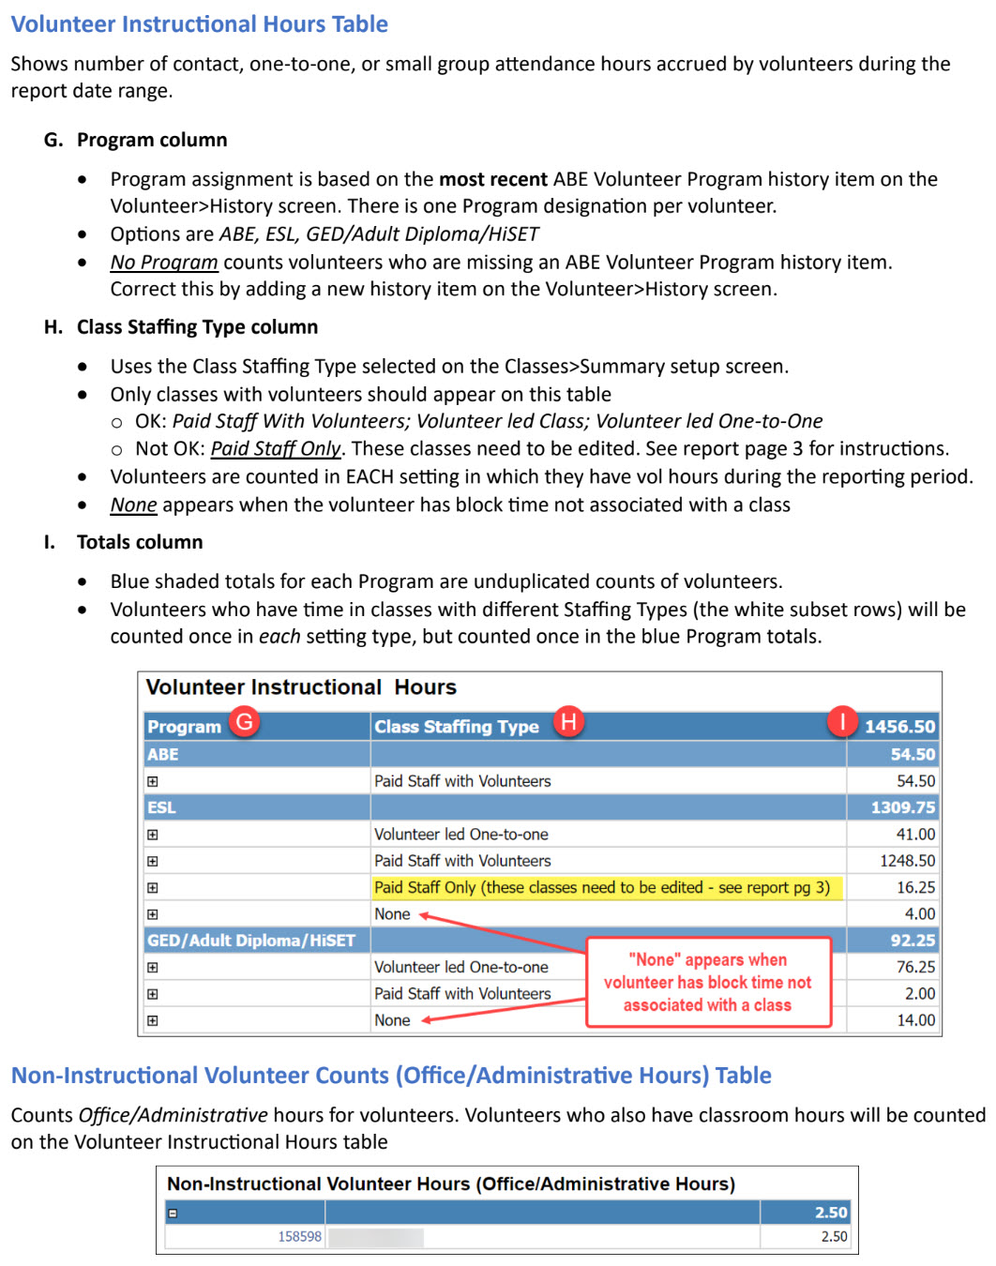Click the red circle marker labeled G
(245, 721)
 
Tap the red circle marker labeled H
(568, 721)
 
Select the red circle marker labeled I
(842, 721)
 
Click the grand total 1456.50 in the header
(898, 727)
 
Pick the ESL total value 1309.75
(902, 807)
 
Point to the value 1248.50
(907, 861)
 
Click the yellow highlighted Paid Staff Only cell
(602, 887)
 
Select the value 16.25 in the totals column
(915, 887)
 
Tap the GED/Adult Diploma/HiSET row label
(251, 941)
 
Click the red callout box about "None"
(708, 982)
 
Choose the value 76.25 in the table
(915, 967)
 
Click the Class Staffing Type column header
(457, 727)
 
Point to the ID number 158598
(299, 1237)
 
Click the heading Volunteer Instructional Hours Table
(200, 24)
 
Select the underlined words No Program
(164, 263)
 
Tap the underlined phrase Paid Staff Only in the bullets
(276, 449)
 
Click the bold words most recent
(493, 179)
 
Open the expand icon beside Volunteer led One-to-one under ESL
(153, 835)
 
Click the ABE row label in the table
(163, 754)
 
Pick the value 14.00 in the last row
(915, 1020)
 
